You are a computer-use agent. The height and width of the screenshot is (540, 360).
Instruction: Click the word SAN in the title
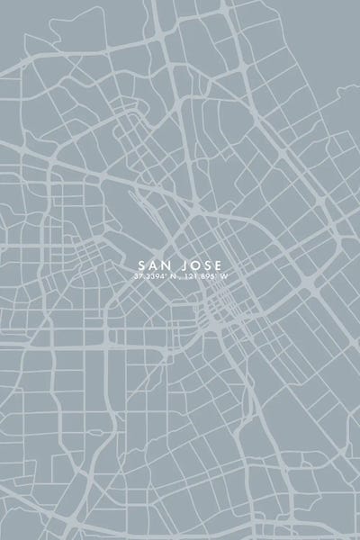[x=153, y=265]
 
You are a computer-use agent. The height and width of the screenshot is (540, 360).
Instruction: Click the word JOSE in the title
[x=204, y=265]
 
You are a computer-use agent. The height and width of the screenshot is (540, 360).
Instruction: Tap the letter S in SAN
[x=140, y=265]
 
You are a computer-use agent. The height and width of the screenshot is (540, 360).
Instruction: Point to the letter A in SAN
[x=153, y=265]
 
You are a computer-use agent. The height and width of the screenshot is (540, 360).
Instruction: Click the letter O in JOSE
[x=197, y=265]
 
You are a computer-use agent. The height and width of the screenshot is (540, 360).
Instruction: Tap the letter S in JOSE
[x=210, y=265]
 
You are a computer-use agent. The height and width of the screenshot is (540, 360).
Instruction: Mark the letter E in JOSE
[x=221, y=265]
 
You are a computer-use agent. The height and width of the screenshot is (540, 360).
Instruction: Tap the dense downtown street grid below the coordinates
[x=216, y=315]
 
